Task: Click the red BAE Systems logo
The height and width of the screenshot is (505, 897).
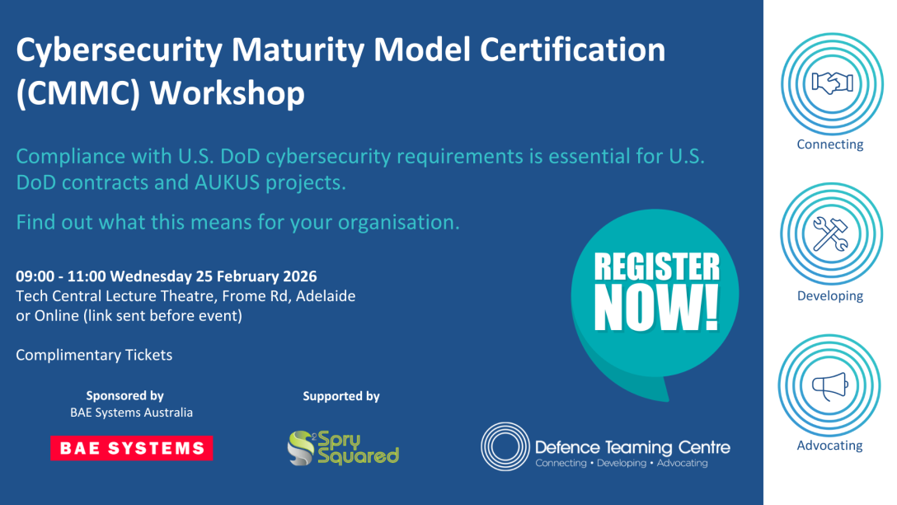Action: [x=132, y=448]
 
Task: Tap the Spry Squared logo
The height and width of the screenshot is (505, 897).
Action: [x=343, y=448]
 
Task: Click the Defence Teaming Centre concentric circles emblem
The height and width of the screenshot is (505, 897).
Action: [x=505, y=446]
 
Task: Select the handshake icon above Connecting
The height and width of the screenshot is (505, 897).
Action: [x=833, y=83]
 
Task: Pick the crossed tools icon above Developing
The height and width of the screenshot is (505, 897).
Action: [x=831, y=234]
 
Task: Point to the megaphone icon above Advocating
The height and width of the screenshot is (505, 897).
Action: [x=830, y=386]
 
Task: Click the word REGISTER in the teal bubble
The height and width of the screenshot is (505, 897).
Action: [x=657, y=267]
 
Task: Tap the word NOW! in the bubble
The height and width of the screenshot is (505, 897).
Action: [x=657, y=308]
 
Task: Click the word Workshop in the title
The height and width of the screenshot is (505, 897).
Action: [x=227, y=93]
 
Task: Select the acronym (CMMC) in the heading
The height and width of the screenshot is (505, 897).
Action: [x=78, y=93]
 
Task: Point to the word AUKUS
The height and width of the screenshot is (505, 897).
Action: [x=226, y=182]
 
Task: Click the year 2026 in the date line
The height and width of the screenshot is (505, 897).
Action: [x=298, y=276]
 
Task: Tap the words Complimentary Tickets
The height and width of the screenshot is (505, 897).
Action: [x=94, y=355]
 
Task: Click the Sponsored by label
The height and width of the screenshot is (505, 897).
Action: [x=124, y=395]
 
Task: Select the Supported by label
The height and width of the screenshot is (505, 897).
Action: [x=341, y=395]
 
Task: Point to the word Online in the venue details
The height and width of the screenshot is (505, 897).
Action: [x=57, y=315]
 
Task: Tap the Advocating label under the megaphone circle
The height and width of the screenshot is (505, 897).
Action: [x=829, y=446]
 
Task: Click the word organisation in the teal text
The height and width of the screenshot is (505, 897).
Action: [x=399, y=222]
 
